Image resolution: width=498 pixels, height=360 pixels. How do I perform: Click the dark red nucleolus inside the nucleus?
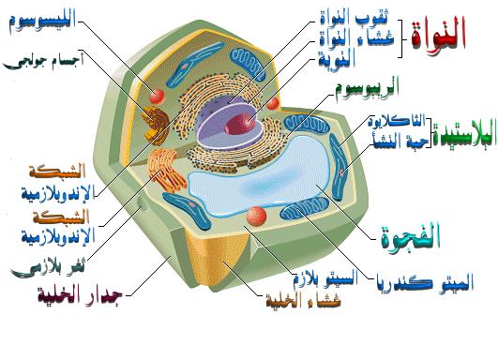pos(246,121)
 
